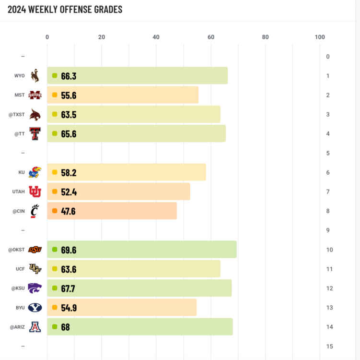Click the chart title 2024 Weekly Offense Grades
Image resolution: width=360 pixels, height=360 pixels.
pos(65,10)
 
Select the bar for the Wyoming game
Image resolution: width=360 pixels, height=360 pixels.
pos(137,76)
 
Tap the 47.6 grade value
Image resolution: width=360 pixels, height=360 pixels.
pos(68,211)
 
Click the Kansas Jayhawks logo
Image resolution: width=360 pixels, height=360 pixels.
pos(35,172)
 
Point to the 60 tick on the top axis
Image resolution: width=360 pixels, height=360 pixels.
pos(210,37)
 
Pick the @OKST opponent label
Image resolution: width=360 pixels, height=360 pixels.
pos(16,250)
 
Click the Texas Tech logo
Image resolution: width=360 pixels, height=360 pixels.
pos(35,133)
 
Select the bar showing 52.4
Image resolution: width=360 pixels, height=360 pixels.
pos(118,192)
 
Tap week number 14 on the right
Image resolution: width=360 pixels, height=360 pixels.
pos(328,327)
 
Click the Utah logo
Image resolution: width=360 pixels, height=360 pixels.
pos(35,192)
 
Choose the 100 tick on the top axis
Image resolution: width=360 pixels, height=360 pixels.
pos(320,37)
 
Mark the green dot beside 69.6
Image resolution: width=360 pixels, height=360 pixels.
pos(55,250)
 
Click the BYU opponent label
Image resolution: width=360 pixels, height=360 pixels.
pos(20,308)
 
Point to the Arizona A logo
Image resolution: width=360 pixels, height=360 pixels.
pos(35,327)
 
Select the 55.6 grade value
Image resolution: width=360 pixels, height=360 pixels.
pos(69,95)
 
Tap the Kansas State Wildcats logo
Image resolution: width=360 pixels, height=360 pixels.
pos(35,288)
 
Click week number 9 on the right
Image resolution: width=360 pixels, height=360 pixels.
pos(328,230)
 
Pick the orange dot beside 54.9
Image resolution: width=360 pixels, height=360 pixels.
pos(55,308)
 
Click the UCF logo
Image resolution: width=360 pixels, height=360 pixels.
pos(35,269)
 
